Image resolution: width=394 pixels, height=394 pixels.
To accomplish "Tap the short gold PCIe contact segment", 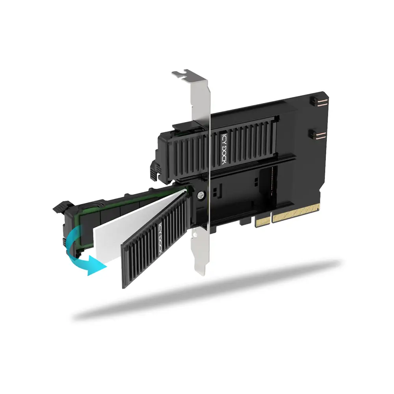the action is (x=263, y=220).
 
